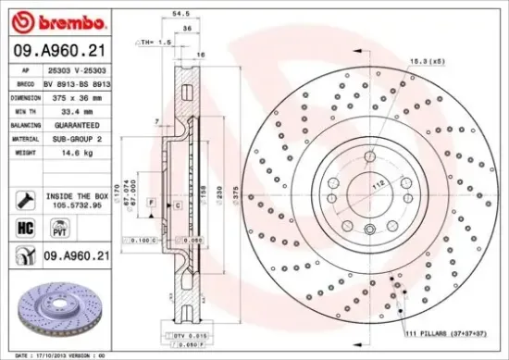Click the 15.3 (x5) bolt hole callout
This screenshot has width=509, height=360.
(425, 61)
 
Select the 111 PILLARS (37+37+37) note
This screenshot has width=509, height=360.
(445, 330)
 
